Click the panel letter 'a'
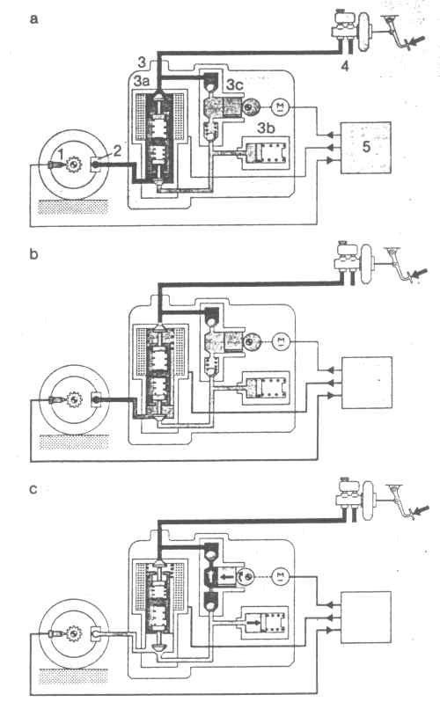pyautogui.click(x=33, y=19)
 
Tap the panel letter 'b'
pyautogui.click(x=33, y=254)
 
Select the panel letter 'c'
pyautogui.click(x=33, y=489)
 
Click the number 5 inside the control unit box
pyautogui.click(x=366, y=146)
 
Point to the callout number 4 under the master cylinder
pyautogui.click(x=345, y=66)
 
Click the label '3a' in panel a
pyautogui.click(x=142, y=82)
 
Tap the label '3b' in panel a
pyautogui.click(x=265, y=128)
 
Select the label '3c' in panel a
pyautogui.click(x=236, y=84)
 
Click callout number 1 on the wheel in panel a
pyautogui.click(x=62, y=155)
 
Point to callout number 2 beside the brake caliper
pyautogui.click(x=116, y=150)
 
